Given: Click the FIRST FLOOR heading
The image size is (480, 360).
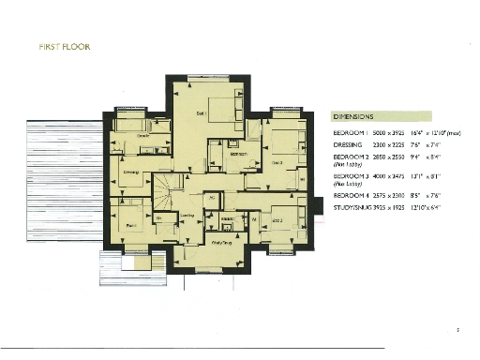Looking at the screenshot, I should (x=65, y=47).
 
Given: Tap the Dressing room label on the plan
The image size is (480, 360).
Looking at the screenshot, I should (x=132, y=172).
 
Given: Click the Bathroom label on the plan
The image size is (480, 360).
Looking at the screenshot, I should (x=238, y=154).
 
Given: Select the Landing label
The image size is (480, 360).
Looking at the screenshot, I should (x=187, y=217).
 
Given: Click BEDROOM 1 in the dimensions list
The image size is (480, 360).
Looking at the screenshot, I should (x=352, y=133).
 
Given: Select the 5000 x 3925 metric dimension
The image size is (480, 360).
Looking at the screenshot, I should (x=395, y=133).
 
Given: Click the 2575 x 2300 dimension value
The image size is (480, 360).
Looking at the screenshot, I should (x=395, y=198).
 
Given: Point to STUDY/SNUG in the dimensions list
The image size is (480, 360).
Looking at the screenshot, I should (x=353, y=210).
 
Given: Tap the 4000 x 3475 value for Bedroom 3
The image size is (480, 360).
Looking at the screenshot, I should (x=395, y=175).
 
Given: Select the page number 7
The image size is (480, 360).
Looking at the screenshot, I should (x=457, y=329).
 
